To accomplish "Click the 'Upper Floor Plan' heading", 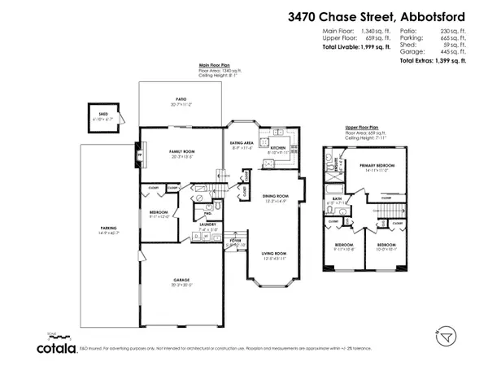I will click(x=362, y=128).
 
